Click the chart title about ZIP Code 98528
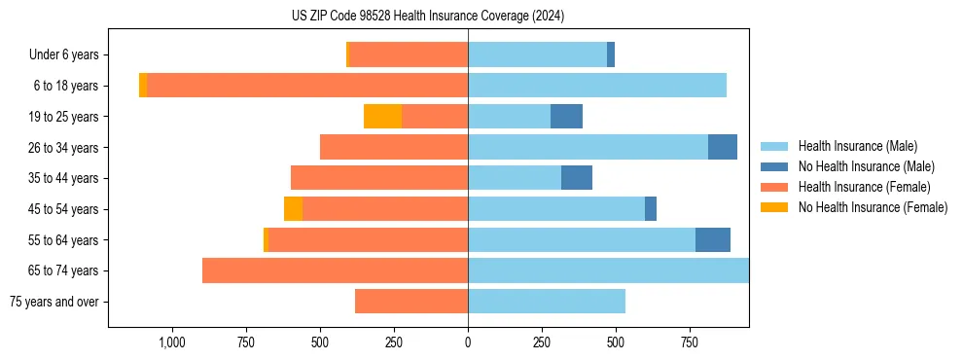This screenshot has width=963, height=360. tap(428, 17)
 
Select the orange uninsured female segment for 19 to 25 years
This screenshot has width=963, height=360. tap(382, 117)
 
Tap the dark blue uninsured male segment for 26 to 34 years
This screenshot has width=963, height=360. tap(723, 147)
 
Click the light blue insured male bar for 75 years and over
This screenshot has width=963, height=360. tap(547, 302)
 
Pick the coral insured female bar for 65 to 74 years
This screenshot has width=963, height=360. tap(335, 270)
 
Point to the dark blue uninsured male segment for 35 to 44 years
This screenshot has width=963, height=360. tap(577, 178)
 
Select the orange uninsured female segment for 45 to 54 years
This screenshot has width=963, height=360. tap(293, 209)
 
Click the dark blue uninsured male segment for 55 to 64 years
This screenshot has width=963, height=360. tap(713, 239)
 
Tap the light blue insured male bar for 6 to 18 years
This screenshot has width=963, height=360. tap(597, 86)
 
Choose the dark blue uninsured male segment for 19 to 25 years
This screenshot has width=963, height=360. tap(566, 117)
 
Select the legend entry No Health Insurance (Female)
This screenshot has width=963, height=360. tap(873, 207)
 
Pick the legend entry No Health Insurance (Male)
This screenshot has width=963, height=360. tap(866, 166)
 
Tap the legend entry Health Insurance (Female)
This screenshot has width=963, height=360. tap(864, 187)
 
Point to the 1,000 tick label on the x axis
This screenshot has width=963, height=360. tap(171, 342)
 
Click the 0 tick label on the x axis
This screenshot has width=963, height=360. tap(468, 342)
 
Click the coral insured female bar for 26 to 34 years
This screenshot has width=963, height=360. tap(394, 147)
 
